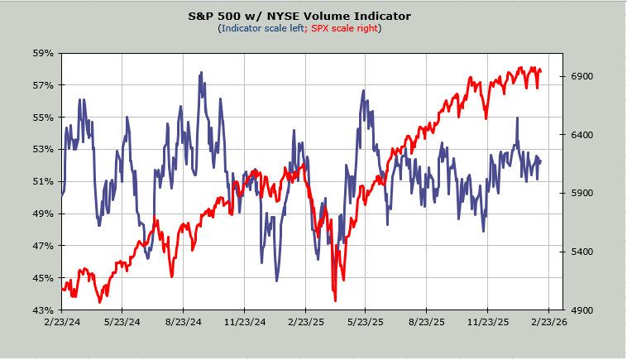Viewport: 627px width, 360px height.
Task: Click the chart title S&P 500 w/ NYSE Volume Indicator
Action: pos(311,16)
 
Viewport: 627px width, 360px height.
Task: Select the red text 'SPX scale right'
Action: pos(346,28)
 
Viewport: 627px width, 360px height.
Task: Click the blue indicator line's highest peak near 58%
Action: pos(201,73)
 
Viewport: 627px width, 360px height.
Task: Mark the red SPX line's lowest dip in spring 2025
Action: pos(335,300)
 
